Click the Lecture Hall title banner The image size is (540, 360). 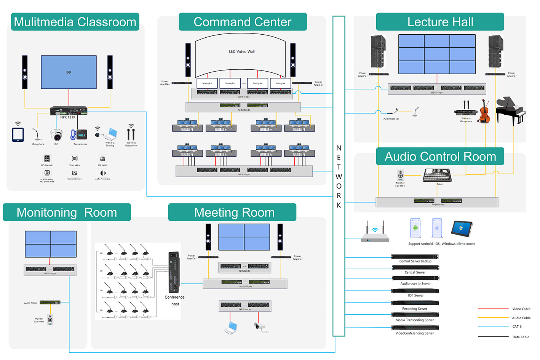pos(440,22)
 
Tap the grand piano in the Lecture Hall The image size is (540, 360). pos(511,110)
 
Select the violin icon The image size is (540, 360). pos(484,111)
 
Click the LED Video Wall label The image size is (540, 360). pos(241,51)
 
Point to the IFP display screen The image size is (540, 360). pos(69,72)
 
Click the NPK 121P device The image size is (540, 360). pos(69,111)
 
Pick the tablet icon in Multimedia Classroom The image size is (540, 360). pos(18,134)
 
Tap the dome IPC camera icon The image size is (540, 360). pos(56,134)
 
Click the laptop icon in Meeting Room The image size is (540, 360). pos(231,327)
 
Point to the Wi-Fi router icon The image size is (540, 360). pos(375,233)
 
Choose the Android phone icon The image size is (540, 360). pos(415,228)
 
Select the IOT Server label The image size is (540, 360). pos(415,296)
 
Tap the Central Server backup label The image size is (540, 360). pos(415,261)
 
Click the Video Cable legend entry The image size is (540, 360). pos(521,309)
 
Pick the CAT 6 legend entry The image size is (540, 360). pos(517,326)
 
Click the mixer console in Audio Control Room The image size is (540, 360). pos(437,175)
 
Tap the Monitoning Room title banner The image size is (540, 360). pos(67,212)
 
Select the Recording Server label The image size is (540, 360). pos(415,309)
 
